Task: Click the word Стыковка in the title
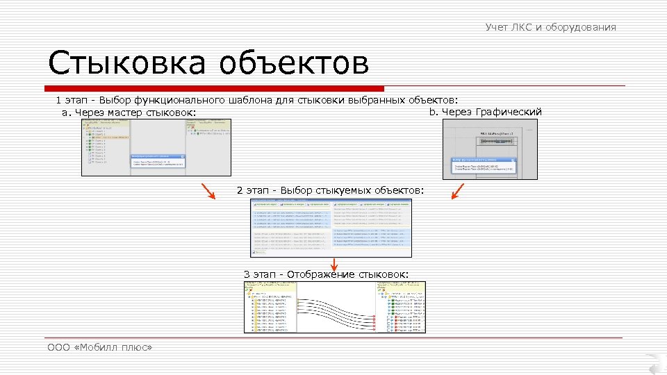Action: [x=125, y=63]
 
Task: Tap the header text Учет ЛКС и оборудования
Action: [x=550, y=27]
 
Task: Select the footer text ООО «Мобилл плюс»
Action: [x=99, y=347]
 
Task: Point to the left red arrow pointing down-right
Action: [x=208, y=190]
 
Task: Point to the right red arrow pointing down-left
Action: [x=457, y=190]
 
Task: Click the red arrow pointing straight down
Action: [x=334, y=264]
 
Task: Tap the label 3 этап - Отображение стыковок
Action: [x=327, y=274]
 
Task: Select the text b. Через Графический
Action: [x=485, y=112]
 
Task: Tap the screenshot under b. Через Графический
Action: [x=490, y=149]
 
